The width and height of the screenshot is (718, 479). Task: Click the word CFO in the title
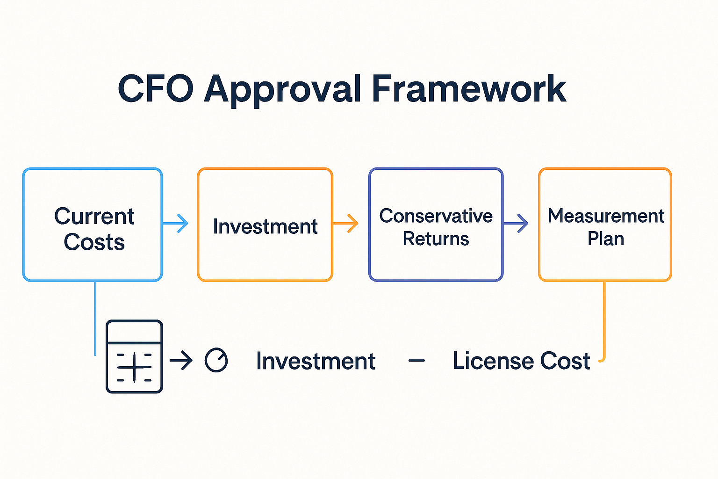(x=155, y=89)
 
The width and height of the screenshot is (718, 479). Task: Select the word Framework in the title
(x=469, y=89)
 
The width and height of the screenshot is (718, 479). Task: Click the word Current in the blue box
(x=94, y=216)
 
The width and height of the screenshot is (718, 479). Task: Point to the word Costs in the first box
(x=94, y=242)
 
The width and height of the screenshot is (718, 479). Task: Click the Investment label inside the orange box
(x=265, y=226)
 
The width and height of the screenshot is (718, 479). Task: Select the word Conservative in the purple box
(x=436, y=216)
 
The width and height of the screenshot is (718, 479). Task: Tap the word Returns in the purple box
(x=436, y=239)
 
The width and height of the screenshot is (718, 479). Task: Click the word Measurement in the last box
(x=606, y=216)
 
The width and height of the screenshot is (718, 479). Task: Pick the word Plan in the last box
(x=606, y=239)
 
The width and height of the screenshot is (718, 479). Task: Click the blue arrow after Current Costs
(x=177, y=224)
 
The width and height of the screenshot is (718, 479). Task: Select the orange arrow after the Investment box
(x=346, y=223)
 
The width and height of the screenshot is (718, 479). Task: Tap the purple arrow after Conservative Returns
(x=517, y=224)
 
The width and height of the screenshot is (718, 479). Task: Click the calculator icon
(x=134, y=356)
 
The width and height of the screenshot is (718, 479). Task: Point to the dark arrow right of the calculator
(x=181, y=361)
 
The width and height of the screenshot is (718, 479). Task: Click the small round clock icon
(x=216, y=360)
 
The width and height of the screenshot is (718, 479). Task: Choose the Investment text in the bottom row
(x=316, y=361)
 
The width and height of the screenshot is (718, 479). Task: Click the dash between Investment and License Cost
(x=416, y=361)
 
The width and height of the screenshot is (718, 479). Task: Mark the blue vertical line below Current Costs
(x=95, y=318)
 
